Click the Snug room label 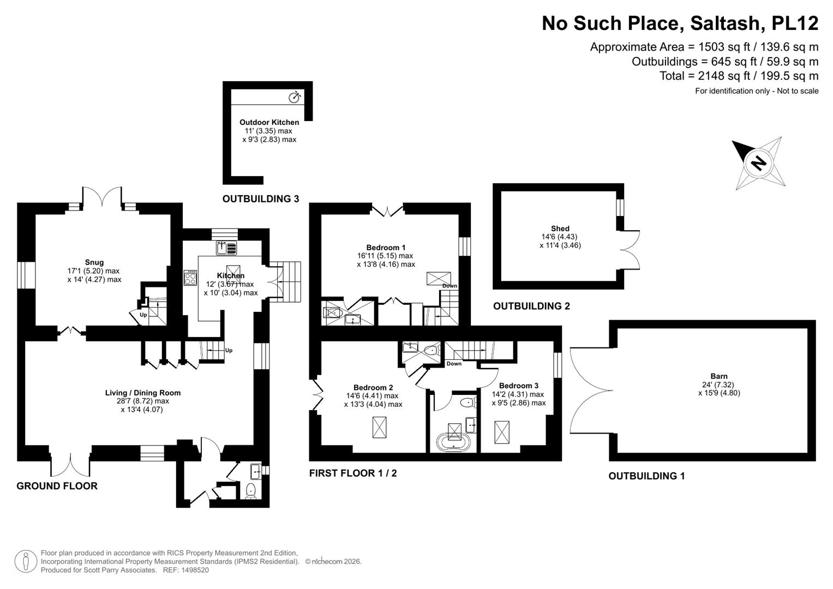(x=94, y=262)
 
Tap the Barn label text (x=719, y=376)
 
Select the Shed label (x=560, y=229)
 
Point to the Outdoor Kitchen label (x=269, y=122)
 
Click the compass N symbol (x=759, y=163)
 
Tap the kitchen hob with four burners (x=190, y=278)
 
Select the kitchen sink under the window (x=226, y=248)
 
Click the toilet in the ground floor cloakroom (x=251, y=491)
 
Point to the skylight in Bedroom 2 (x=379, y=427)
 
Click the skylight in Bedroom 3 (x=502, y=432)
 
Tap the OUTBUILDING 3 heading (x=260, y=199)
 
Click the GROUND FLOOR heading (x=57, y=485)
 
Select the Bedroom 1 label (x=386, y=247)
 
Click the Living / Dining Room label (x=143, y=393)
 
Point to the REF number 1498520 (x=195, y=570)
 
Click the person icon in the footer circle (x=26, y=561)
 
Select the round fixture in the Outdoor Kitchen (x=295, y=98)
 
